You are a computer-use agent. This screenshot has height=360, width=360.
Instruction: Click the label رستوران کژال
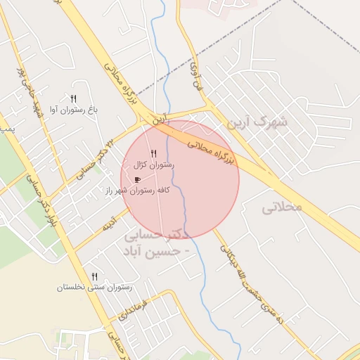click(153, 165)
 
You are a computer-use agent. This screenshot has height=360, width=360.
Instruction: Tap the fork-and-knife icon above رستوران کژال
click(153, 153)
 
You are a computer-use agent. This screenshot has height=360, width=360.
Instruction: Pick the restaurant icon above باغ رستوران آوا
click(73, 98)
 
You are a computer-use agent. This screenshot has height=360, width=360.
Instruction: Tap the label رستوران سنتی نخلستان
click(94, 288)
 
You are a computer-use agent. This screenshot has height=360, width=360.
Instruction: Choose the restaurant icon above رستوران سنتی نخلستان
click(94, 276)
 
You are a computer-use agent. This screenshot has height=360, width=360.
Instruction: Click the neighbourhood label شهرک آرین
click(257, 122)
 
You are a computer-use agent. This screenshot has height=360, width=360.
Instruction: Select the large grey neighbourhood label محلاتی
click(281, 208)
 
